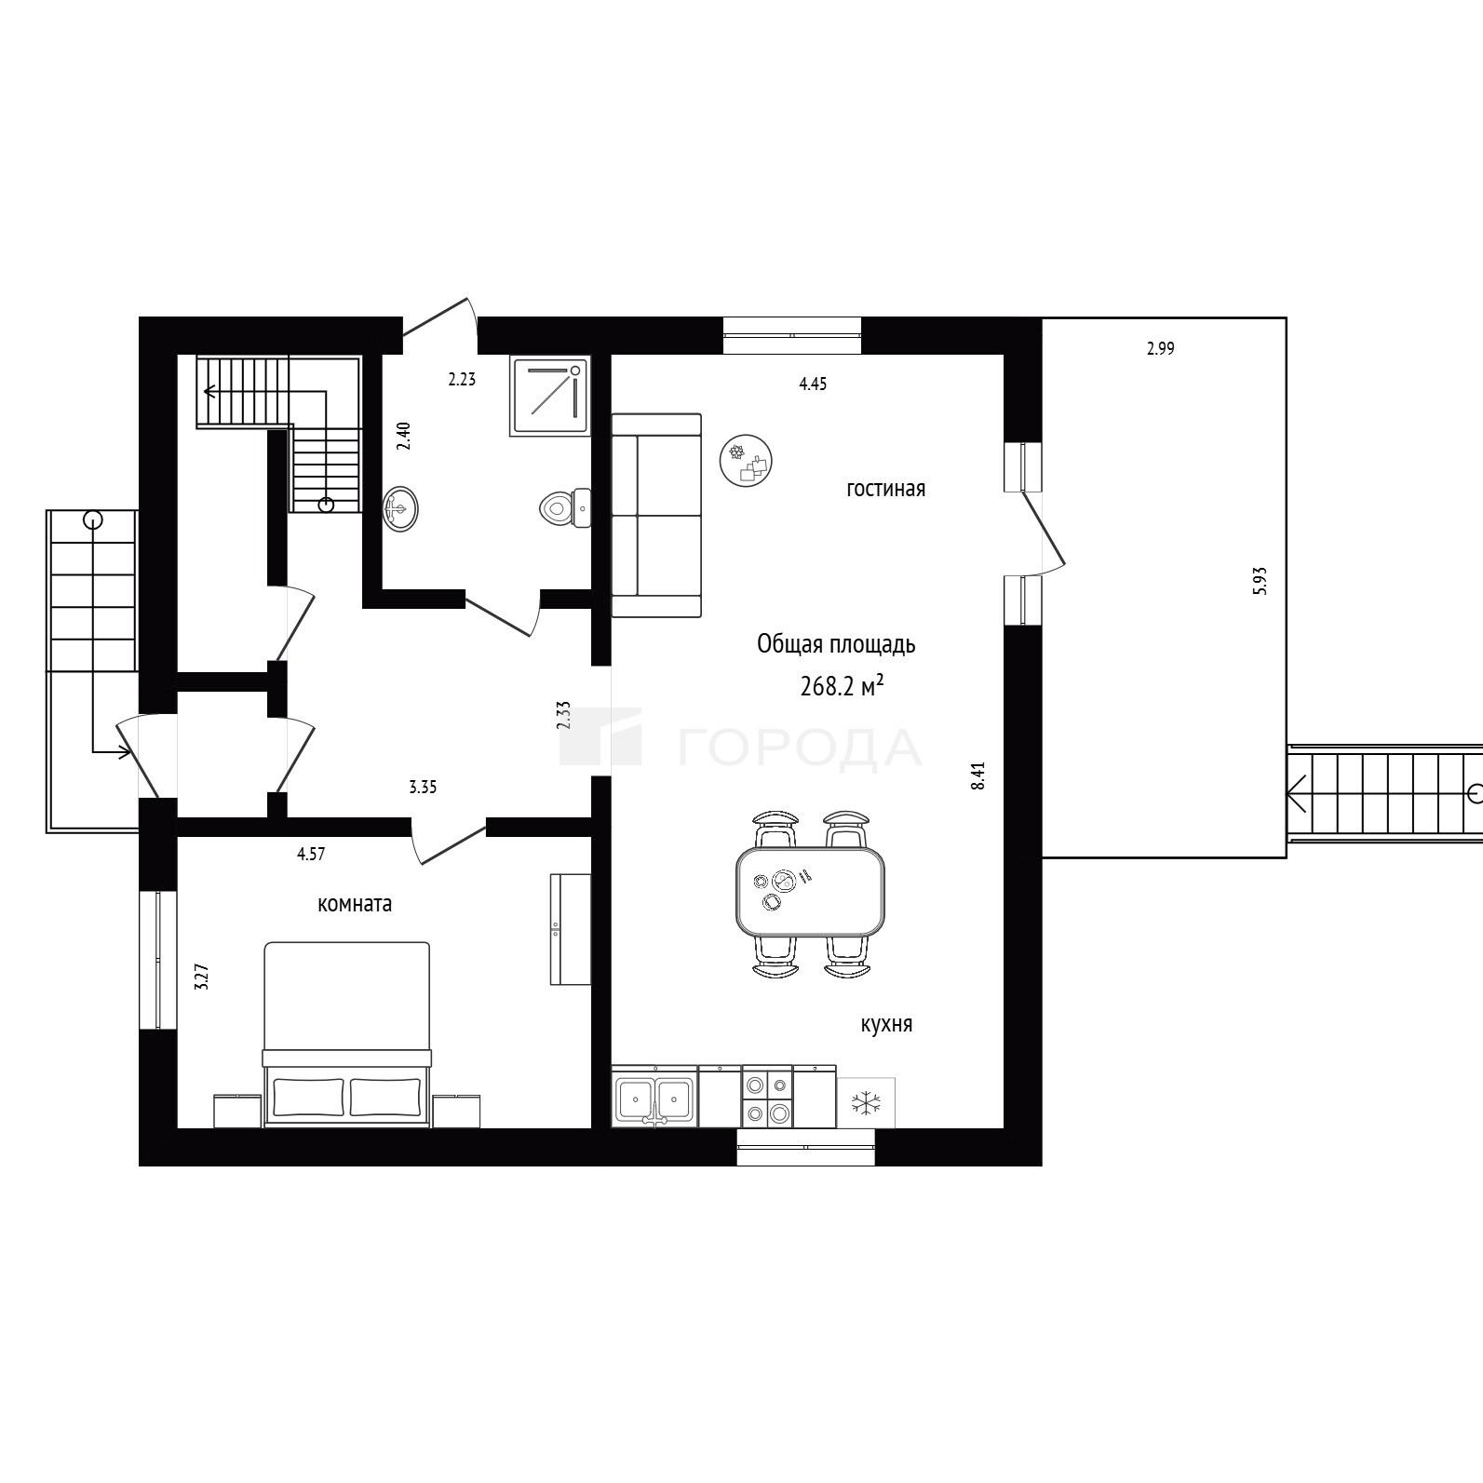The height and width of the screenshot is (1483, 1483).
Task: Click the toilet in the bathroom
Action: [565, 507]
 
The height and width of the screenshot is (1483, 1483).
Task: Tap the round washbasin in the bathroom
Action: [401, 508]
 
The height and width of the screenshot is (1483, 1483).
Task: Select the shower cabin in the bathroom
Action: [550, 396]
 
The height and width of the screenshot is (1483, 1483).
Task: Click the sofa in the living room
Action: [656, 516]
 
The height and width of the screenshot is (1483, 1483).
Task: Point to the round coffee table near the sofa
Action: [747, 460]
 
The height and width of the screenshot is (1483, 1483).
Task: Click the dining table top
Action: [811, 892]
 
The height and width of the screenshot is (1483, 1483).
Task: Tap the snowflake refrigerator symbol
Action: [867, 1103]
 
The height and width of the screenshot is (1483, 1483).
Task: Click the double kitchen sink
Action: [654, 1099]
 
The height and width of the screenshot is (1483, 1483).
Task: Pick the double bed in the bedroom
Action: [347, 1034]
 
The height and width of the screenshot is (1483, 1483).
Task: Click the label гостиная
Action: [886, 489]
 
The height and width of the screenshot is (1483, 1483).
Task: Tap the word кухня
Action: [886, 1025]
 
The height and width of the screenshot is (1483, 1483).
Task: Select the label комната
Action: [355, 903]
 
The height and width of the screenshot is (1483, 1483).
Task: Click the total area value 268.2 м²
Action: [842, 687]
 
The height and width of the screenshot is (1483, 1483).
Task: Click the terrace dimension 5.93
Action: [1261, 581]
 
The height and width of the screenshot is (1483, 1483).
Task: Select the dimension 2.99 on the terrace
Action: [1161, 349]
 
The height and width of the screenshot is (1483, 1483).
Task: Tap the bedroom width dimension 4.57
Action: [311, 853]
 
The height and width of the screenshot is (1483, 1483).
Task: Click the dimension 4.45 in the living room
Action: [814, 383]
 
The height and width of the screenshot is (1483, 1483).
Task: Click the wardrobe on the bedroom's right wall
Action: [571, 929]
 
